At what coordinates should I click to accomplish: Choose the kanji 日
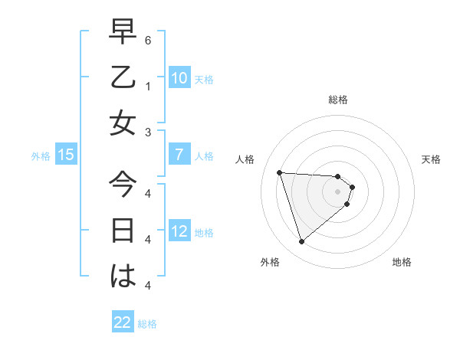click(x=123, y=230)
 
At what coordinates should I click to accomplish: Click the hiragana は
click(x=123, y=276)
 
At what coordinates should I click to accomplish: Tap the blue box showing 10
click(x=179, y=77)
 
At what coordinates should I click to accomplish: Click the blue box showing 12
click(x=179, y=231)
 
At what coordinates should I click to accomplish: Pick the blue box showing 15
click(x=65, y=155)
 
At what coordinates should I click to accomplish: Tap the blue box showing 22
click(x=123, y=322)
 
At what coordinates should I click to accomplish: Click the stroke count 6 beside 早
click(x=148, y=39)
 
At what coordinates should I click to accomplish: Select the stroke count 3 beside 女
click(x=148, y=132)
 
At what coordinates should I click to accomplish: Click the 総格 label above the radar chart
click(x=338, y=100)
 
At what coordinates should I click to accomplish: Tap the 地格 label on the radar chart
click(x=402, y=262)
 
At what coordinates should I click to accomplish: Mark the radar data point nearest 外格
click(x=302, y=242)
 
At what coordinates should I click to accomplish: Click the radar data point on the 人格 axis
click(x=280, y=172)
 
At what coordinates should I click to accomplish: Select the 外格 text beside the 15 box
click(x=41, y=156)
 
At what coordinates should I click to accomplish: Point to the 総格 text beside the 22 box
click(x=147, y=324)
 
